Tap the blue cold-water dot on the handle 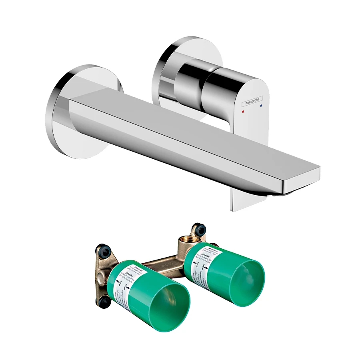coord(261,107)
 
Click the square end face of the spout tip coord(302,178)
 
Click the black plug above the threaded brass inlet coord(199,229)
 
